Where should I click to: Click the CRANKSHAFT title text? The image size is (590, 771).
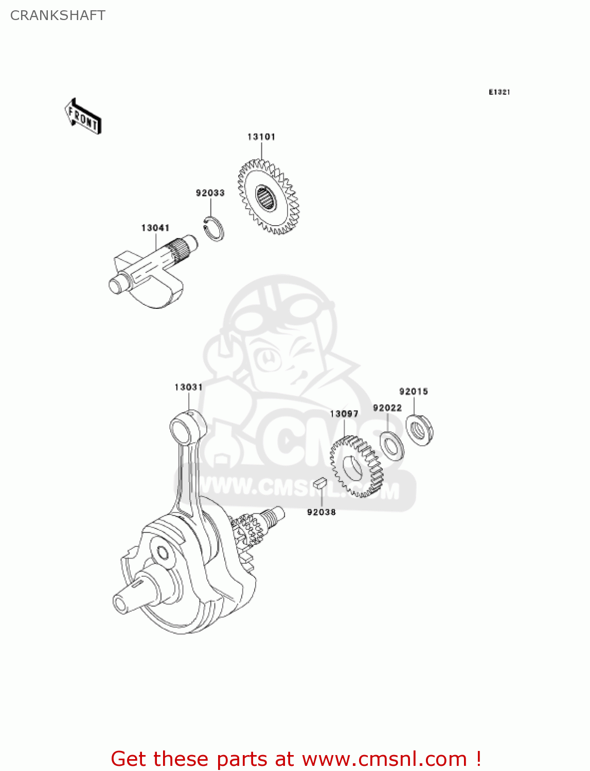[58, 15]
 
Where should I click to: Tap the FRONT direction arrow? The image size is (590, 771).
[83, 117]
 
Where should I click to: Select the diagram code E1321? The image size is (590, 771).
[499, 92]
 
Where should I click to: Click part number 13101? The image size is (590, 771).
[261, 137]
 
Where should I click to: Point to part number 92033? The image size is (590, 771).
[210, 193]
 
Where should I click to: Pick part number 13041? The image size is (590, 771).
[155, 228]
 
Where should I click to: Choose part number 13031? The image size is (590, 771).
[188, 387]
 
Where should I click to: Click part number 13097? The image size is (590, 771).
[344, 414]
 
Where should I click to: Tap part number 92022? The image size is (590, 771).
[387, 408]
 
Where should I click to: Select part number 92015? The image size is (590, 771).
[414, 392]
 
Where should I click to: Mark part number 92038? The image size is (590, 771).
[321, 512]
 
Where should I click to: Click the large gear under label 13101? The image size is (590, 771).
[267, 197]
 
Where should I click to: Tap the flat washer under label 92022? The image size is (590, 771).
[392, 446]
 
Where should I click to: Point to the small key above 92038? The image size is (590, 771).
[319, 482]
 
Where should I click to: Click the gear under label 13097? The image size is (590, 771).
[356, 467]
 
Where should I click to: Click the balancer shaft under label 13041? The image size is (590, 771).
[149, 270]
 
